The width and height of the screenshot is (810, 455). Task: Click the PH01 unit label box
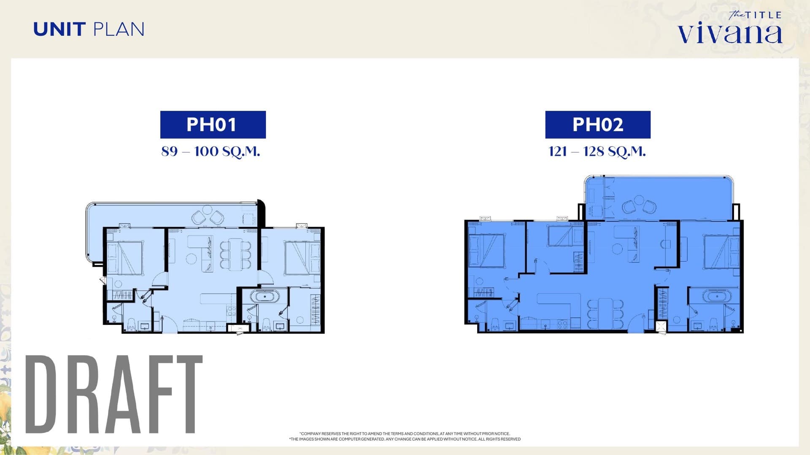(213, 125)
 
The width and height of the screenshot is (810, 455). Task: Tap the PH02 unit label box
(598, 125)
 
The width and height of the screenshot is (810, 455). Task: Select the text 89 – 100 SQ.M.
(211, 151)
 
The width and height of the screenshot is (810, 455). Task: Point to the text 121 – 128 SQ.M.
(597, 151)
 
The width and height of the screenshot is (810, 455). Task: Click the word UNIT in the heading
(59, 29)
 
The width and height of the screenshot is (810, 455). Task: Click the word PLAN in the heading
(119, 29)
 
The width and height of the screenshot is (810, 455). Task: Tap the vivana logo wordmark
(730, 33)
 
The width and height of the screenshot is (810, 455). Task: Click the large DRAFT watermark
(114, 394)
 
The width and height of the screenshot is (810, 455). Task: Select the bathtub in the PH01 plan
(265, 297)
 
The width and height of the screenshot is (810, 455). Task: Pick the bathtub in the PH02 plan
(717, 297)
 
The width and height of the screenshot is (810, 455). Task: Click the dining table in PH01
(235, 254)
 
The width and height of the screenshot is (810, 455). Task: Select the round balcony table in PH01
(207, 209)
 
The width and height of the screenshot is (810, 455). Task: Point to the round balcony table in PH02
(639, 200)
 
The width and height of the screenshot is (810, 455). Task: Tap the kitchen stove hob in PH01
(231, 311)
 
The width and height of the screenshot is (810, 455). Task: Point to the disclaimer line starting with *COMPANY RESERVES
(405, 434)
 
